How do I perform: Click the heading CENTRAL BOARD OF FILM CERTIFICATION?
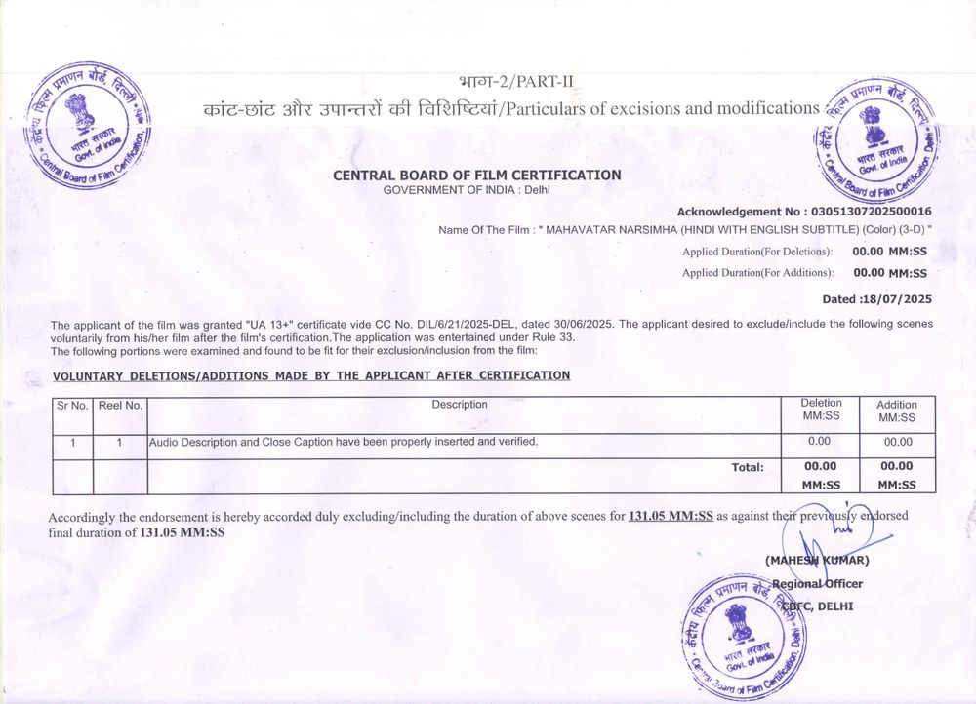[x=476, y=176]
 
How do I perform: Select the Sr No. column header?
[x=71, y=405]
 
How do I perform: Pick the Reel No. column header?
[x=119, y=405]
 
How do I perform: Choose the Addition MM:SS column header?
[x=896, y=411]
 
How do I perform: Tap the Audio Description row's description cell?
[x=343, y=442]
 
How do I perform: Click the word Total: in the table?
[x=748, y=467]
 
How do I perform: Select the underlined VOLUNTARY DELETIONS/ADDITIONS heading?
[x=310, y=375]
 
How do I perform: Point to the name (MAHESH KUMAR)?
[x=816, y=560]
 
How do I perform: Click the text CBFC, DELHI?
[x=822, y=606]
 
